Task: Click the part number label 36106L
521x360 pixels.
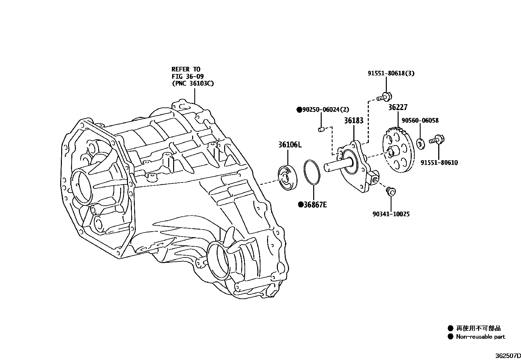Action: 290,144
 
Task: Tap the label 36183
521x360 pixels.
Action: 353,121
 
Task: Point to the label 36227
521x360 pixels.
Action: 398,108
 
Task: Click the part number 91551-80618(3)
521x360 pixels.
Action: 391,73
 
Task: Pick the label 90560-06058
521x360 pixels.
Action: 420,121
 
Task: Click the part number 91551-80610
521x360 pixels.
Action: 439,162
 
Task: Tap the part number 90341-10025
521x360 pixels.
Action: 391,214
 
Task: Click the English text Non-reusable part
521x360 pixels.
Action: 480,337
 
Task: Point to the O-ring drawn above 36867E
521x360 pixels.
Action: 313,172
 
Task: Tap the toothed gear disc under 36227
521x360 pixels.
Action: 398,152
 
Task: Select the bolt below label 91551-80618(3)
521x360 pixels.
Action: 384,97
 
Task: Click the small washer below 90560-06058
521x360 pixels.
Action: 420,143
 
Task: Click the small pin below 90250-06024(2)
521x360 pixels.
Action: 321,130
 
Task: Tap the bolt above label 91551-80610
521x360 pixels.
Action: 436,140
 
